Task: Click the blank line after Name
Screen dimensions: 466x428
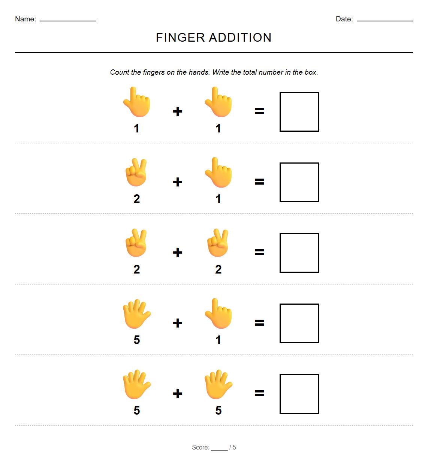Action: pyautogui.click(x=68, y=20)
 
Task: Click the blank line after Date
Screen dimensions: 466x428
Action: pyautogui.click(x=385, y=20)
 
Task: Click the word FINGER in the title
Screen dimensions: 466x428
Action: pyautogui.click(x=180, y=38)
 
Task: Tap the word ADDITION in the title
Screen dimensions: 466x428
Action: pyautogui.click(x=240, y=38)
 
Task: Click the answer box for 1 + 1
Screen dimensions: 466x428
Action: pyautogui.click(x=299, y=112)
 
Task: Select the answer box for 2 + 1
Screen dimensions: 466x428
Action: pyautogui.click(x=299, y=182)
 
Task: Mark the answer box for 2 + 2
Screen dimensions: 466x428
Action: pyautogui.click(x=299, y=253)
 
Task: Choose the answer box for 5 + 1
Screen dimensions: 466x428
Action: pyautogui.click(x=299, y=323)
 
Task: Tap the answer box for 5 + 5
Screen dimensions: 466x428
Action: pyautogui.click(x=299, y=394)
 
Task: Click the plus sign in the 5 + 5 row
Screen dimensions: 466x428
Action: pyautogui.click(x=178, y=394)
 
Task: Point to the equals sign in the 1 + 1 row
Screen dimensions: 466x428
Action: pyautogui.click(x=259, y=111)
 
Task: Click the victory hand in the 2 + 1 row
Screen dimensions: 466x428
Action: pyautogui.click(x=136, y=172)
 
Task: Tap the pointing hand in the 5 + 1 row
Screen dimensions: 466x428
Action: pyautogui.click(x=218, y=314)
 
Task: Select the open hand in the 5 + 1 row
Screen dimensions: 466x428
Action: pyautogui.click(x=137, y=314)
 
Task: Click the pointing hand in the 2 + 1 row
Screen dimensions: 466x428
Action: pyautogui.click(x=218, y=173)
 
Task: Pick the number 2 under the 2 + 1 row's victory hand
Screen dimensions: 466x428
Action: pyautogui.click(x=137, y=199)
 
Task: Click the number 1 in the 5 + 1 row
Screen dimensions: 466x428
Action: pyautogui.click(x=218, y=340)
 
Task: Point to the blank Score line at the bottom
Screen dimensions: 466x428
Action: pyautogui.click(x=219, y=449)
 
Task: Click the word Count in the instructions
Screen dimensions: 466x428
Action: pyautogui.click(x=120, y=72)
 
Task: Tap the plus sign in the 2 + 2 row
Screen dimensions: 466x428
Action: pyautogui.click(x=178, y=253)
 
